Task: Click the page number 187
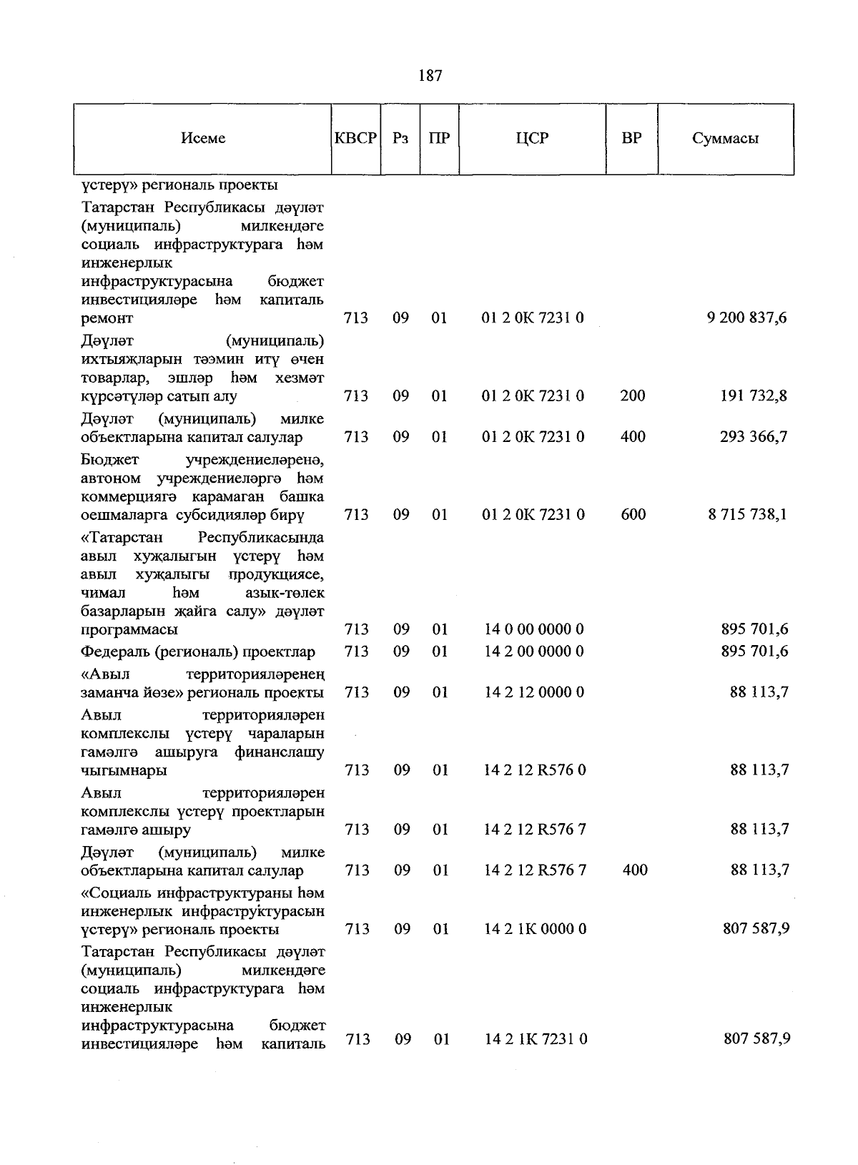click(x=430, y=75)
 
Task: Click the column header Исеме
click(x=203, y=139)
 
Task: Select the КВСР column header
click(x=355, y=139)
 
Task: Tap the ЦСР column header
click(x=532, y=139)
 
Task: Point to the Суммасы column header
click(x=725, y=139)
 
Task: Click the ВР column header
click(x=631, y=139)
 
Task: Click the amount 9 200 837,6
click(x=746, y=318)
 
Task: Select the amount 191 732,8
click(x=753, y=395)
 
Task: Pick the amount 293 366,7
click(x=753, y=436)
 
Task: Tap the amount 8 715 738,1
click(x=747, y=514)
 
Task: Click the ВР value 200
click(x=633, y=395)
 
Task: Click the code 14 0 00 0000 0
click(x=533, y=629)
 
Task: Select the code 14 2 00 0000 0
click(x=533, y=651)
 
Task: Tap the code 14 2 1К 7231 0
click(x=536, y=1039)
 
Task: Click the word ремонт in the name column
click(x=107, y=318)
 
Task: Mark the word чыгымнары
click(x=124, y=771)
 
